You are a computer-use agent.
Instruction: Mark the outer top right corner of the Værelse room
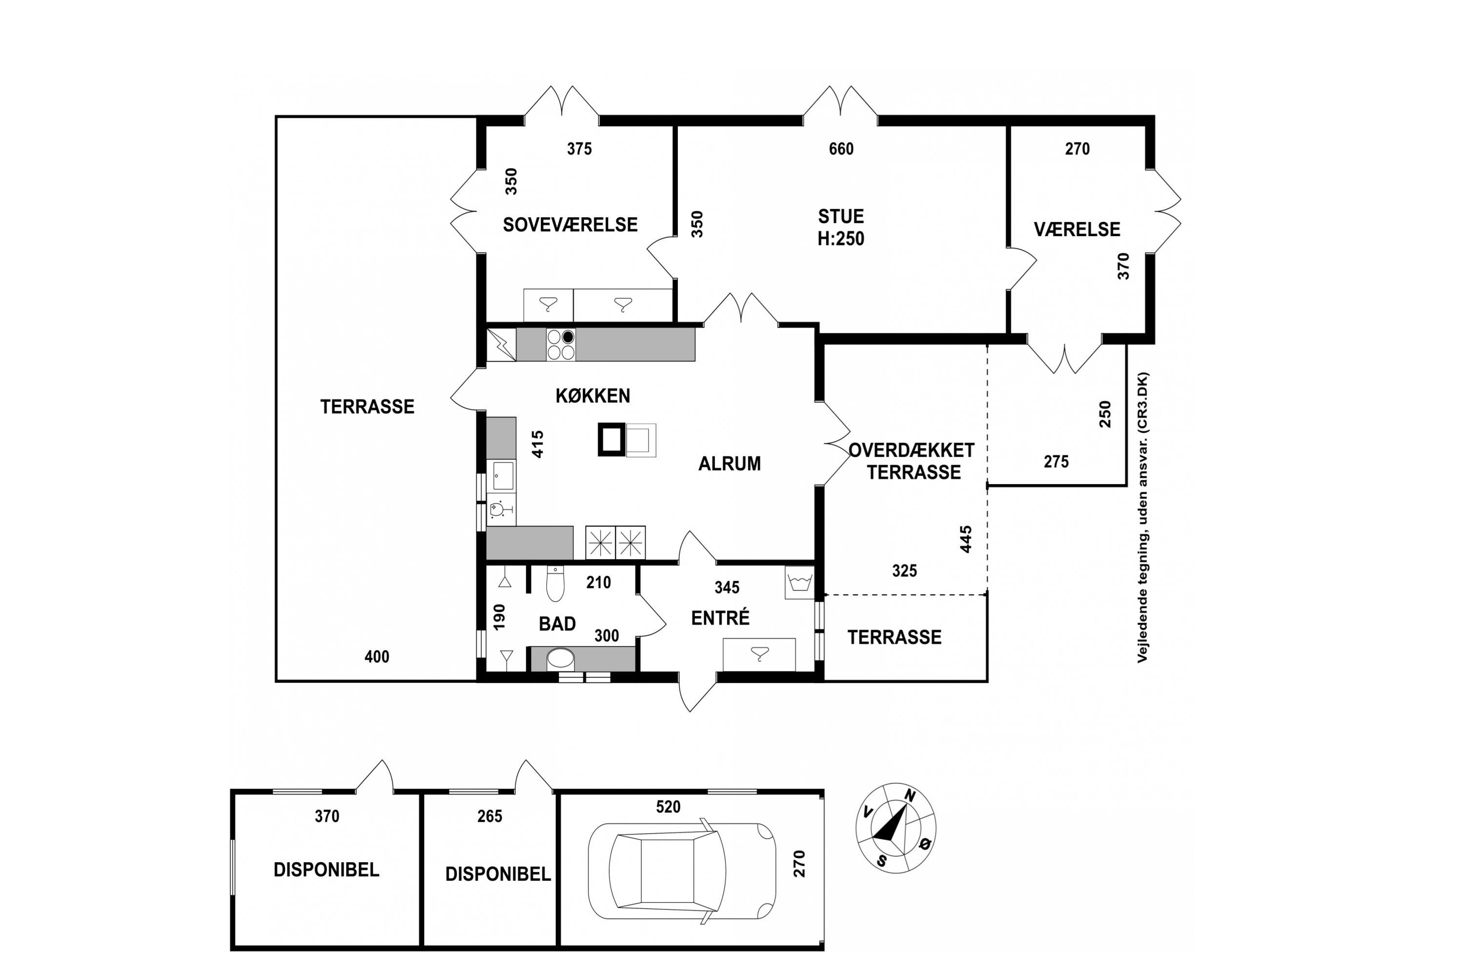(x=1154, y=116)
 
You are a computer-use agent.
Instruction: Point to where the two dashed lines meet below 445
(x=987, y=595)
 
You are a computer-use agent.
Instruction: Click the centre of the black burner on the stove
(x=568, y=337)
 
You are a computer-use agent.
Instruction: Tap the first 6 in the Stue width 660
(x=834, y=149)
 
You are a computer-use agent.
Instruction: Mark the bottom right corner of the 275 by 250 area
(x=1126, y=485)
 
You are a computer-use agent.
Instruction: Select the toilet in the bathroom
(x=555, y=583)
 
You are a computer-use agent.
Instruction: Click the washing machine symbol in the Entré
(x=799, y=583)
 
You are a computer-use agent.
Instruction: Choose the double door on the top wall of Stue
(x=840, y=102)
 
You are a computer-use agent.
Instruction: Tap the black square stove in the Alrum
(x=611, y=440)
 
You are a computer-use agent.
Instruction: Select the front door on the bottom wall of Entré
(x=697, y=693)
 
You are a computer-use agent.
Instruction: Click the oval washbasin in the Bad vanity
(x=560, y=658)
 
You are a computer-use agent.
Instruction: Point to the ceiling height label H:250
(x=841, y=239)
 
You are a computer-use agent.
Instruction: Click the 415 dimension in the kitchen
(x=538, y=444)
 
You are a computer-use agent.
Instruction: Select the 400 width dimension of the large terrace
(x=377, y=657)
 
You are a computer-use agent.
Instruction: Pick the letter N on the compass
(x=910, y=796)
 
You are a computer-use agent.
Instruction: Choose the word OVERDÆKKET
(x=911, y=450)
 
